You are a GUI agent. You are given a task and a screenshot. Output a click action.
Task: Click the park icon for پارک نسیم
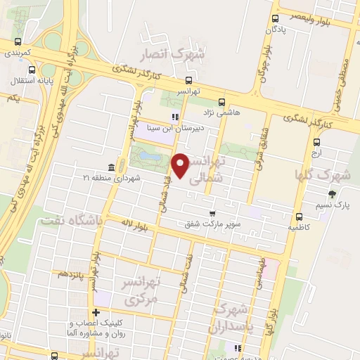click(331, 195)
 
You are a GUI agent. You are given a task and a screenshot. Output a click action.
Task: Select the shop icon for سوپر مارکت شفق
click(211, 213)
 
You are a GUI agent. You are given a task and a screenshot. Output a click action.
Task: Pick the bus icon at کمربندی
click(17, 41)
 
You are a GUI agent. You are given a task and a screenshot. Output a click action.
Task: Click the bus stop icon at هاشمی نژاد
click(221, 101)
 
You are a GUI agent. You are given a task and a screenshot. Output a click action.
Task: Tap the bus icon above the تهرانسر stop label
click(188, 80)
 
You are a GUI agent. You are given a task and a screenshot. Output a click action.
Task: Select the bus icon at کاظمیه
click(299, 216)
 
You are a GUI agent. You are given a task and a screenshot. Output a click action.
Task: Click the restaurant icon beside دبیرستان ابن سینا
click(175, 117)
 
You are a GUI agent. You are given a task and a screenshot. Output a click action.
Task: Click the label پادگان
click(278, 30)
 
